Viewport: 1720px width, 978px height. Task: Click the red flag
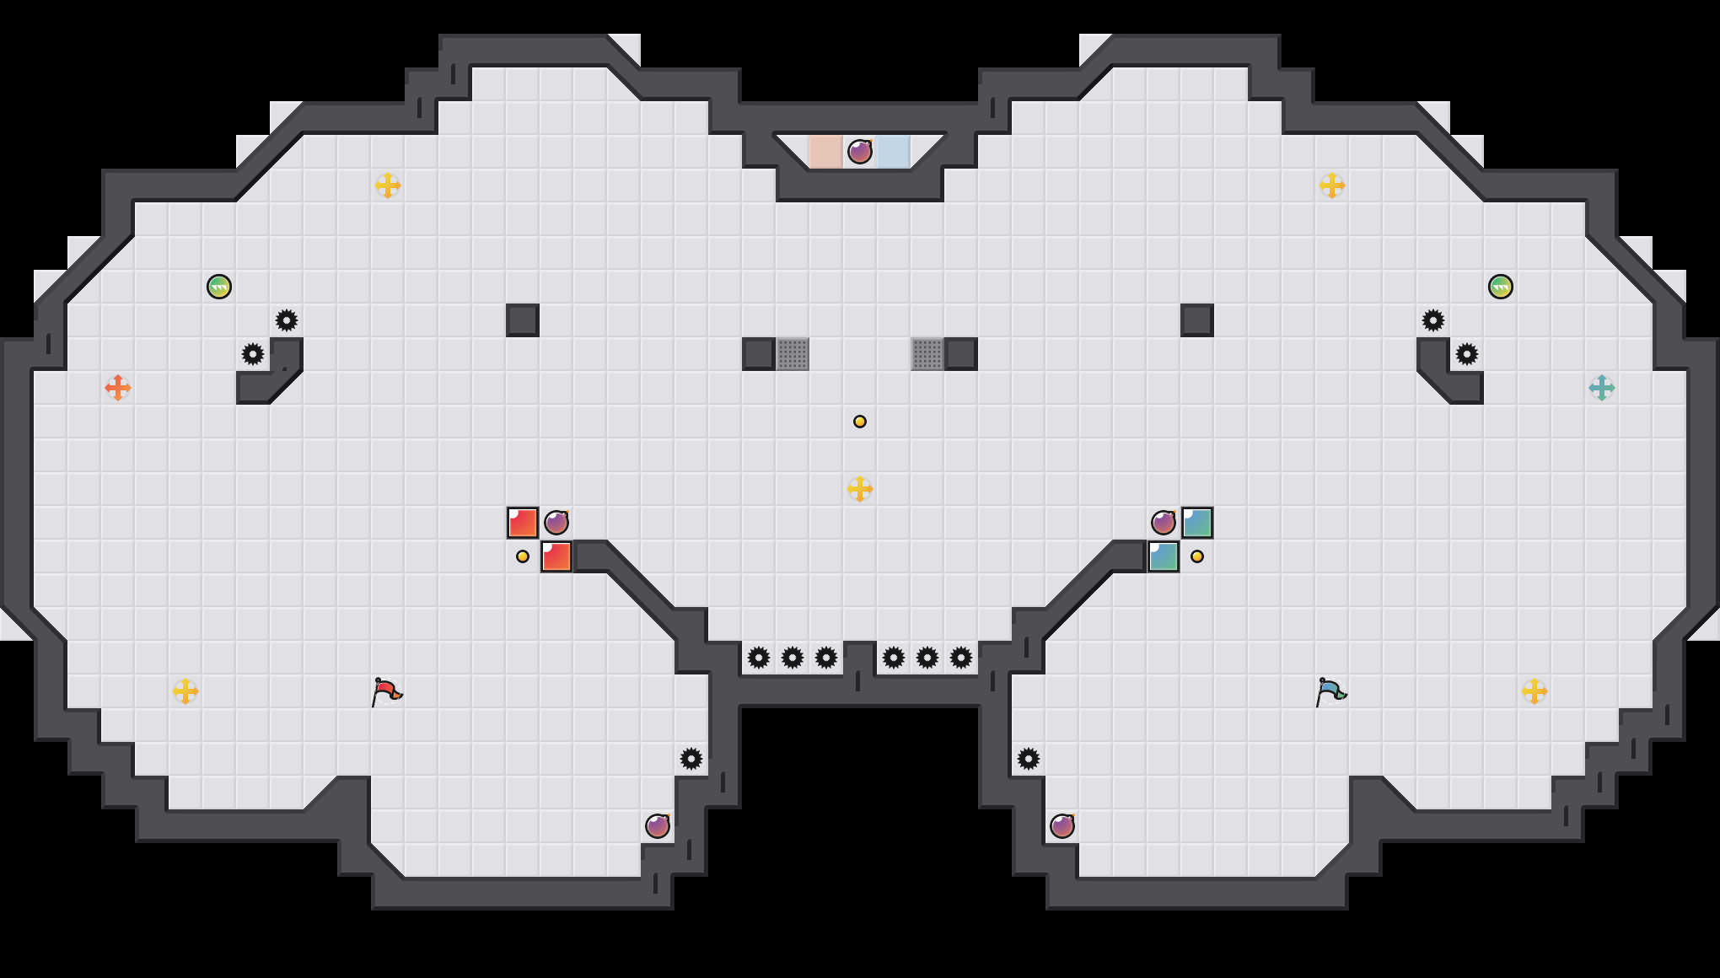click(x=386, y=691)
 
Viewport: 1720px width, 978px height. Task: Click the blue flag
click(x=1330, y=691)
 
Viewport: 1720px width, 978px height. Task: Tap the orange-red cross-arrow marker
click(x=118, y=388)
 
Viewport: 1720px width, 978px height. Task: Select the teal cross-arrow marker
click(x=1601, y=388)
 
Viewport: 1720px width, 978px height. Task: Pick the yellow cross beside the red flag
click(x=185, y=691)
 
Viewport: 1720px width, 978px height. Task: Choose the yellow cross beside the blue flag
click(x=1534, y=691)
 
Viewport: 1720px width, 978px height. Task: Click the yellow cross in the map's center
click(x=859, y=489)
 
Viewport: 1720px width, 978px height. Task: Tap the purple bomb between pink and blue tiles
click(x=859, y=152)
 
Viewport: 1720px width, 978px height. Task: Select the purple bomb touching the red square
click(x=556, y=523)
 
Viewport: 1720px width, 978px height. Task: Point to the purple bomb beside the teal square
click(x=1164, y=523)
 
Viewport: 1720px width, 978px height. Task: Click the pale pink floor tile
click(x=825, y=152)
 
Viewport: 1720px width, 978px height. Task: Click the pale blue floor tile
click(x=893, y=152)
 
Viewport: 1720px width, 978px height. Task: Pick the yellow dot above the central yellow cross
click(x=859, y=422)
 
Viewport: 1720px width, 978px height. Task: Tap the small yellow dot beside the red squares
click(x=523, y=556)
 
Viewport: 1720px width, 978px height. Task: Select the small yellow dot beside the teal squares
click(x=1197, y=556)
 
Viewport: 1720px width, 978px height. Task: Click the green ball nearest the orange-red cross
click(x=219, y=287)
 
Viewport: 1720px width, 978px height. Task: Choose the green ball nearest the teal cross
click(x=1500, y=287)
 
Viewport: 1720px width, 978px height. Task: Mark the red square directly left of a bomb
click(x=523, y=523)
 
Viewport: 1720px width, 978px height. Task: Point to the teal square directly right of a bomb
click(x=1197, y=523)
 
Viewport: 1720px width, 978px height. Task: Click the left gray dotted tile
click(x=793, y=354)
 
